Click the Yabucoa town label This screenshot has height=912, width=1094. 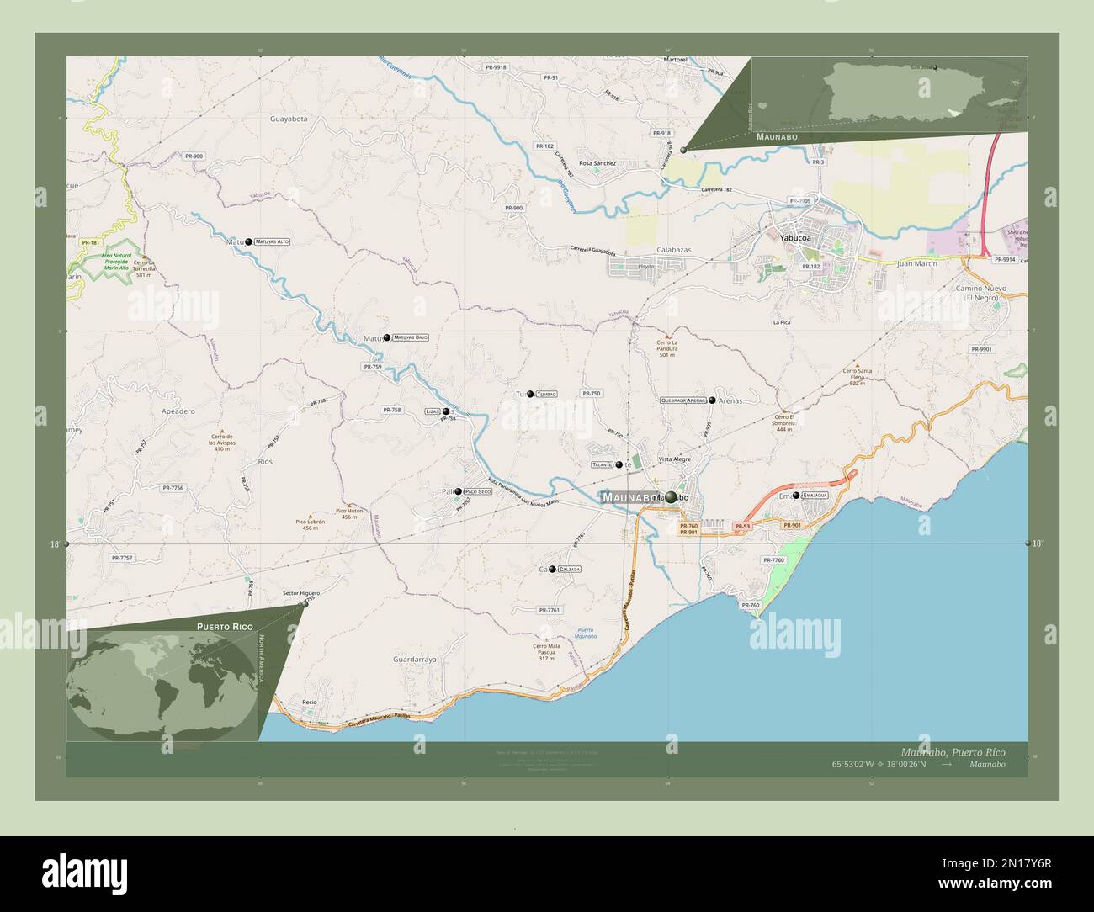click(793, 238)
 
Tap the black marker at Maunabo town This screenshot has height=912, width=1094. click(670, 497)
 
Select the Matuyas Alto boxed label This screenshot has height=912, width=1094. click(272, 241)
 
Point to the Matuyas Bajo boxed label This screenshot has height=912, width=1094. click(411, 337)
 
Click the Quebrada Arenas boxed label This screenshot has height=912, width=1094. click(683, 400)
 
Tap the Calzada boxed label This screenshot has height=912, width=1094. click(567, 570)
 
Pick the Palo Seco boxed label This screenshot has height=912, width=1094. click(477, 491)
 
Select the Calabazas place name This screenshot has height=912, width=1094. click(673, 250)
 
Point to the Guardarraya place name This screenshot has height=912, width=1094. click(414, 660)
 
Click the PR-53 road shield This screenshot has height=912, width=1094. click(741, 526)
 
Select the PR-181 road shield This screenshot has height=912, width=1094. click(91, 242)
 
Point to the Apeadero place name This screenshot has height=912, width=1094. click(178, 411)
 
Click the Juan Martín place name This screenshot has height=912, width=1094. click(916, 263)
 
